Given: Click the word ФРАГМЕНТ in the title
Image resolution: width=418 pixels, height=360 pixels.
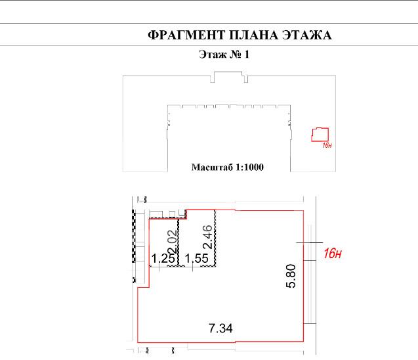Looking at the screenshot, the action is (186, 35).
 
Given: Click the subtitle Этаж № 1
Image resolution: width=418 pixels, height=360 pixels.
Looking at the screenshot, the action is (224, 55).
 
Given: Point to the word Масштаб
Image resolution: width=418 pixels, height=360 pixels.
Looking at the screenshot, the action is (212, 168).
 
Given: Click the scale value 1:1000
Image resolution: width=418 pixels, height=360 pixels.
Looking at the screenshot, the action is (249, 168).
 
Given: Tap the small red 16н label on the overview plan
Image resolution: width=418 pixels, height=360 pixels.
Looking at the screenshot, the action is (327, 145).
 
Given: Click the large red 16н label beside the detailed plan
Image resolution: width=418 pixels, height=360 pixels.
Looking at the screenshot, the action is (333, 254).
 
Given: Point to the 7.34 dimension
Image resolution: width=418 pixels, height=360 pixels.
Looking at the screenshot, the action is (220, 328).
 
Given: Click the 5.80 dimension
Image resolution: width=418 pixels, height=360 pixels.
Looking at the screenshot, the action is (291, 276).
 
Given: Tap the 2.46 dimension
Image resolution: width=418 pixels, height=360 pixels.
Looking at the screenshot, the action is (207, 237).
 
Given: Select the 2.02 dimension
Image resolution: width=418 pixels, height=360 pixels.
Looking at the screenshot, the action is (173, 242).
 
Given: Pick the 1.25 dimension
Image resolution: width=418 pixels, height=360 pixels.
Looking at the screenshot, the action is (163, 258).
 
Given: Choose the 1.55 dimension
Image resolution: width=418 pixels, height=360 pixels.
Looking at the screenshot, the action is (196, 258).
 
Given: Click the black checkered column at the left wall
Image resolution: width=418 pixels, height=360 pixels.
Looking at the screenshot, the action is (134, 236).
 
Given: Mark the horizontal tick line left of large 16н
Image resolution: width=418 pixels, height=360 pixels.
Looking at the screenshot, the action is (310, 243).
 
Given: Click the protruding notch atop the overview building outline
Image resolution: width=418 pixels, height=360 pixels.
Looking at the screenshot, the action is (229, 77).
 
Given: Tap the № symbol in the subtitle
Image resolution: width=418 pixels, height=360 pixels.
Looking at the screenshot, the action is (236, 55).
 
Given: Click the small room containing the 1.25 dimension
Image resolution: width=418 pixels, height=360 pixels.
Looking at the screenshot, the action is (163, 242).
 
